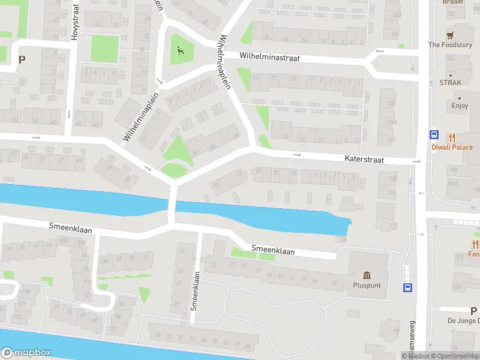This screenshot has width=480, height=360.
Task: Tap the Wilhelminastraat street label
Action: (x=269, y=58)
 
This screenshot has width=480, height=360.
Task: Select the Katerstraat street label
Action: (x=364, y=160)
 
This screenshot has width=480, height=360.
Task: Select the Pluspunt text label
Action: (x=367, y=285)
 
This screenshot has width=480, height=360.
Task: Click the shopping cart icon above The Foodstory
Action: (x=450, y=35)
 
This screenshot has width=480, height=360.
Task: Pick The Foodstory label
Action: (x=450, y=45)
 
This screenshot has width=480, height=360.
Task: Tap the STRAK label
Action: (x=450, y=83)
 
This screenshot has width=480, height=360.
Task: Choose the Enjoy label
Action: (x=460, y=106)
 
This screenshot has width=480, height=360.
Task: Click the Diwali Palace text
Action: (x=452, y=147)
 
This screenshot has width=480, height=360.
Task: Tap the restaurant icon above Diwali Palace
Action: (x=452, y=137)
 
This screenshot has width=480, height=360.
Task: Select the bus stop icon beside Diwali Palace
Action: (x=433, y=136)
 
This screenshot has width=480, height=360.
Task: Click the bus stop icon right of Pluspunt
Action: (x=408, y=287)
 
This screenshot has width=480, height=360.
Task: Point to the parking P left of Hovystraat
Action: (x=22, y=59)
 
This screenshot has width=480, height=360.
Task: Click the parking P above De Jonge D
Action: (x=474, y=311)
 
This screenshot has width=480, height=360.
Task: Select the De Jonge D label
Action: (x=463, y=321)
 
